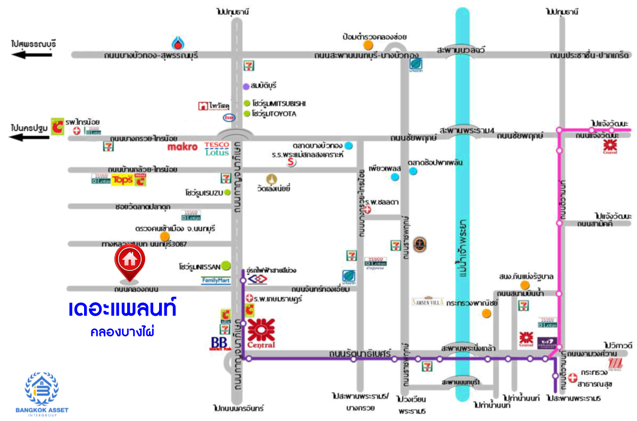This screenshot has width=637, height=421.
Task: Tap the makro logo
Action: (x=183, y=146)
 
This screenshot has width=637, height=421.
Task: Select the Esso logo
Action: (x=229, y=117)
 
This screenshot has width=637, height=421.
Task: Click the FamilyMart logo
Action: (x=216, y=280)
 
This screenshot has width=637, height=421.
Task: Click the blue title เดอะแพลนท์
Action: (x=122, y=309)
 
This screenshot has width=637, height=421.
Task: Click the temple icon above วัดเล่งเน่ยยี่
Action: (x=274, y=179)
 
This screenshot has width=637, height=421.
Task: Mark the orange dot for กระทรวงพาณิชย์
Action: (x=485, y=313)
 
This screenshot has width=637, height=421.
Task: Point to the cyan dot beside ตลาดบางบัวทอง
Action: (x=348, y=145)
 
